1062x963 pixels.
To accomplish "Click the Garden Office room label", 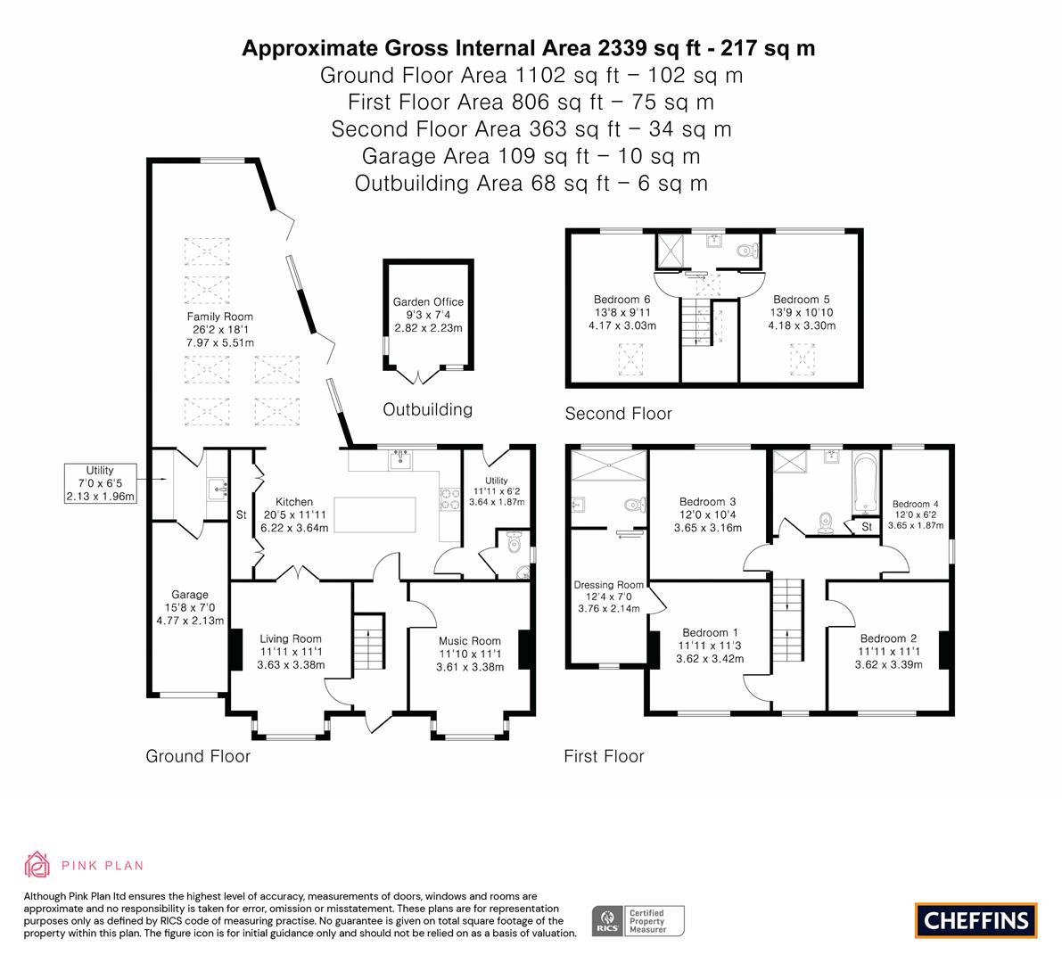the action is pyautogui.click(x=428, y=315).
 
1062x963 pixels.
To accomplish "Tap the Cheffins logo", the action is pyautogui.click(x=976, y=920).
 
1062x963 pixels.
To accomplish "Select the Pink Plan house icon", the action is pyautogui.click(x=37, y=865).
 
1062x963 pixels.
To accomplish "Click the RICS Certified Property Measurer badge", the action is pyautogui.click(x=638, y=921).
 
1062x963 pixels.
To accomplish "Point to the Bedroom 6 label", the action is pyautogui.click(x=622, y=312).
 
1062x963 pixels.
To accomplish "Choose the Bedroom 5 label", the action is pyautogui.click(x=802, y=312).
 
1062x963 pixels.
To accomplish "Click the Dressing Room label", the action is pyautogui.click(x=609, y=597).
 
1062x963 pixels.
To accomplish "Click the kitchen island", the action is pyautogui.click(x=375, y=514).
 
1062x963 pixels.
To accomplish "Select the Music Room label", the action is pyautogui.click(x=470, y=654).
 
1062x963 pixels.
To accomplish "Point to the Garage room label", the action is pyautogui.click(x=190, y=607).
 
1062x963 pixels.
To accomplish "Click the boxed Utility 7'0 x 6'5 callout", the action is pyautogui.click(x=100, y=483).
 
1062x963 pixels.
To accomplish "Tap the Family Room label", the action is pyautogui.click(x=220, y=330).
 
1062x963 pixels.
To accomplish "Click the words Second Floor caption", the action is pyautogui.click(x=618, y=414).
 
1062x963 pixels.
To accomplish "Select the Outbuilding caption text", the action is pyautogui.click(x=427, y=409).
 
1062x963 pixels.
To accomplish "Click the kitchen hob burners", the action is pyautogui.click(x=449, y=500).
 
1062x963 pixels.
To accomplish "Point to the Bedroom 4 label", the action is pyautogui.click(x=916, y=514).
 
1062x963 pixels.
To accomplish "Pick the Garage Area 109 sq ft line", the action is pyautogui.click(x=531, y=156).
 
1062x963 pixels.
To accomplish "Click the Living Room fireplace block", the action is pyautogui.click(x=235, y=650).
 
